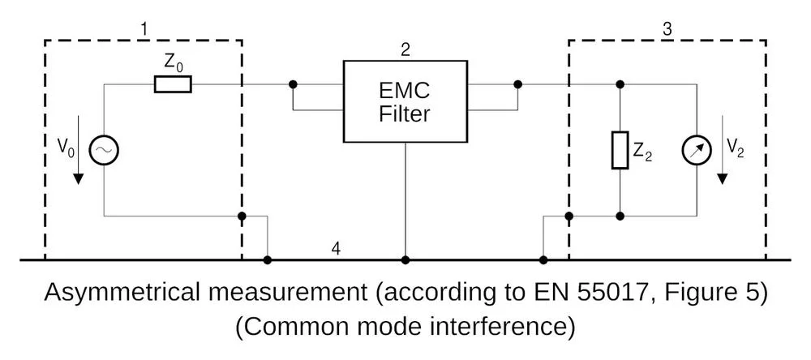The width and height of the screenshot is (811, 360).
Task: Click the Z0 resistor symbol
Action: click(173, 84)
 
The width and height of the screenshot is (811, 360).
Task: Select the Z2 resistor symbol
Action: click(620, 150)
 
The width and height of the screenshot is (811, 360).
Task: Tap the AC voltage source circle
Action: click(104, 150)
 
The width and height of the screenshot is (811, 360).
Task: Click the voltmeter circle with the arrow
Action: click(697, 150)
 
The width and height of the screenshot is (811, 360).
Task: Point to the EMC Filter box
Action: click(405, 101)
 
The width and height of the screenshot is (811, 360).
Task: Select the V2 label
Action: click(736, 148)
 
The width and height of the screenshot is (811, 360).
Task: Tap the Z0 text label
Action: click(174, 62)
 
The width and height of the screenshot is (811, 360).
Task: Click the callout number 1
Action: click(145, 29)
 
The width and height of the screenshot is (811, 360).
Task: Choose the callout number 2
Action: click(405, 50)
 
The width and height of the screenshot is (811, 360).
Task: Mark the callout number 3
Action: click(667, 29)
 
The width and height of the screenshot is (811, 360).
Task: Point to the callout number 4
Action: click(337, 249)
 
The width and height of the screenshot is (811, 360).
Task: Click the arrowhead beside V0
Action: click(78, 178)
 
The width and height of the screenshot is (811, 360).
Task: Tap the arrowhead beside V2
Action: click(723, 178)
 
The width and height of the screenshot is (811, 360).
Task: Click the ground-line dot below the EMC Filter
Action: click(405, 259)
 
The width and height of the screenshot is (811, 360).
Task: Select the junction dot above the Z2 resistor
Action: click(620, 84)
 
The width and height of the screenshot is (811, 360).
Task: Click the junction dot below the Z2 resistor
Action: click(620, 216)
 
